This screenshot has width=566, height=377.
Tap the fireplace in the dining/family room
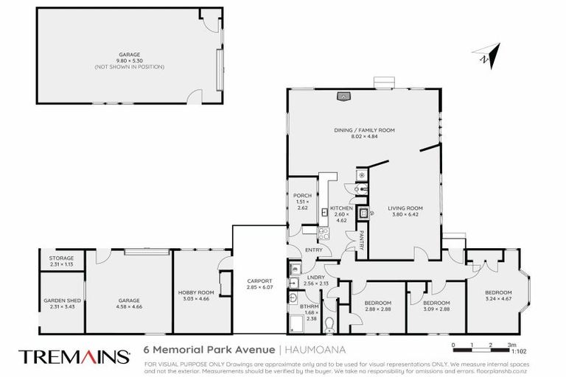point(343,95)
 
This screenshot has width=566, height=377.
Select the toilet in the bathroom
point(329,323)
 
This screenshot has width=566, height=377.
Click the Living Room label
point(403,209)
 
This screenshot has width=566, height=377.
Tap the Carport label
point(260,281)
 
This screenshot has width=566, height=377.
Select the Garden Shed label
point(61,300)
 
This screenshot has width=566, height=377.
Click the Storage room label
point(61,258)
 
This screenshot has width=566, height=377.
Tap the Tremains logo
point(73,356)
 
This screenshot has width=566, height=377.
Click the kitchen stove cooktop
point(322,233)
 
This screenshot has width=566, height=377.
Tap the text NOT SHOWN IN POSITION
point(129,67)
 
